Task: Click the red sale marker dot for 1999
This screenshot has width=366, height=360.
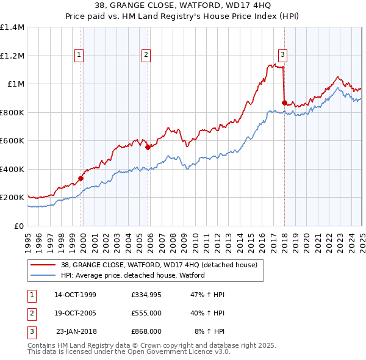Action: (81, 179)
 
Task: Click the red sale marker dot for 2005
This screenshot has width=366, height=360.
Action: (148, 147)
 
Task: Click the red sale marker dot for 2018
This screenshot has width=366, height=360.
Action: (284, 103)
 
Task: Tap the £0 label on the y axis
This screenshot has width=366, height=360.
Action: (18, 226)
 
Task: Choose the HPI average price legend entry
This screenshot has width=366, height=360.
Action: (132, 275)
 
